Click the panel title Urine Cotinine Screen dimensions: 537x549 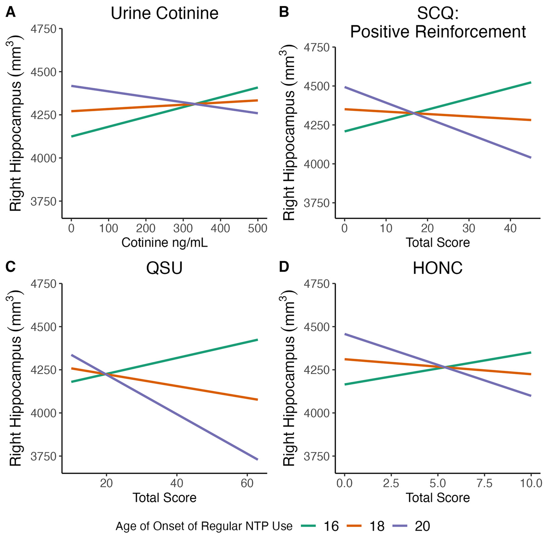pyautogui.click(x=164, y=13)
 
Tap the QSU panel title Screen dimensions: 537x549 pyautogui.click(x=164, y=268)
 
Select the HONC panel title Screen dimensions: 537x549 pyautogui.click(x=438, y=268)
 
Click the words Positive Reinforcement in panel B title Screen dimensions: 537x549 pyautogui.click(x=438, y=32)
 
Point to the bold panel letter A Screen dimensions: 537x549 pyautogui.click(x=10, y=13)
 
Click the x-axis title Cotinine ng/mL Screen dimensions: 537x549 pyautogui.click(x=164, y=243)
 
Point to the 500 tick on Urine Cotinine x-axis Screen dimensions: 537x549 pyautogui.click(x=258, y=228)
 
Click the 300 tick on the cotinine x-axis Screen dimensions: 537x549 pyautogui.click(x=183, y=228)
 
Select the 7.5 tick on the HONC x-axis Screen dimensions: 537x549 pyautogui.click(x=484, y=483)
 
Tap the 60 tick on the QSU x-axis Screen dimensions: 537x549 pyautogui.click(x=247, y=483)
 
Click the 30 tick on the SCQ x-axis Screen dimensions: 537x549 pyautogui.click(x=469, y=228)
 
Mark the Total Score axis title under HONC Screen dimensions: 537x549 pyautogui.click(x=438, y=498)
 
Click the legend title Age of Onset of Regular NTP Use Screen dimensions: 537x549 pyautogui.click(x=204, y=526)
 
